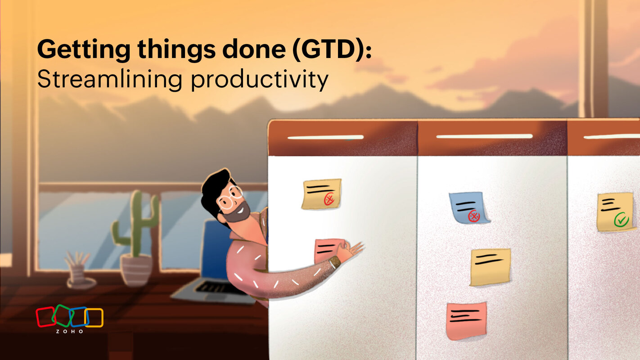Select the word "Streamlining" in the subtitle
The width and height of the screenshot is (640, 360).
coord(109,80)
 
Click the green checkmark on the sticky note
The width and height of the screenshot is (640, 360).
coord(621,220)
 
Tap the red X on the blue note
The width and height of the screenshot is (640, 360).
coord(473,216)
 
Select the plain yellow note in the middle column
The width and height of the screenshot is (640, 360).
coord(490,267)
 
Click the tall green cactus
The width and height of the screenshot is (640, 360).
coord(135,225)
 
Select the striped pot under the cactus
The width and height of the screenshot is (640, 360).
coord(136,269)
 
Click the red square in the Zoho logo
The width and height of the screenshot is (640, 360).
coord(45,316)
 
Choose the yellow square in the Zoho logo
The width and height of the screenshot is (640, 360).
coord(95,317)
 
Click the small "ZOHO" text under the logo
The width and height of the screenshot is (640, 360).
coord(69,331)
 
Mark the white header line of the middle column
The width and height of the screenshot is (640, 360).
coord(484,136)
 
